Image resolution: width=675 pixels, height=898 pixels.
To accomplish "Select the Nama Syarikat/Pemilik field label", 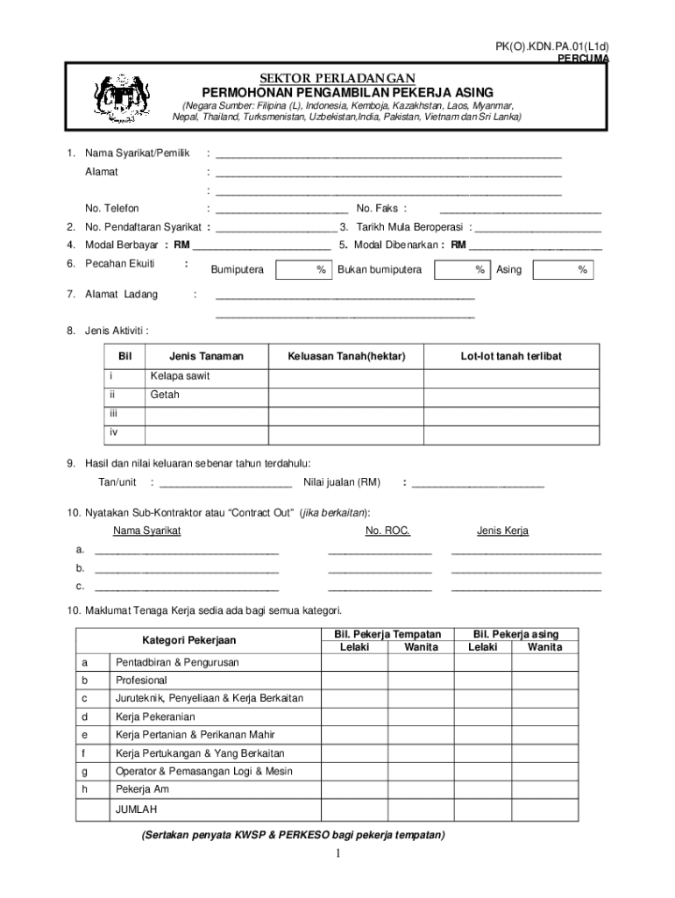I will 137,153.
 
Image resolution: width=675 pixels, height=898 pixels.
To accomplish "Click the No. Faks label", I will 381,209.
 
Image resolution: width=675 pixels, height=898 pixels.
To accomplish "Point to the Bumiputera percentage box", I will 303,270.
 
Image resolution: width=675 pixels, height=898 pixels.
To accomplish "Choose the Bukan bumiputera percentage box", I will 462,270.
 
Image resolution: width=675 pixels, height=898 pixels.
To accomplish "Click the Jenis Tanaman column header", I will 206,356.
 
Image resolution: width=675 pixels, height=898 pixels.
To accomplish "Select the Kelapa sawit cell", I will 180,376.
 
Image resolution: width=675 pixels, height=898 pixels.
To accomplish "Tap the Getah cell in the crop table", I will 165,395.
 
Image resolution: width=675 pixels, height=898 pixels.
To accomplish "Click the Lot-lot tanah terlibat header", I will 512,356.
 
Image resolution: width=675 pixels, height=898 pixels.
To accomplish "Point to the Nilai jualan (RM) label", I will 342,482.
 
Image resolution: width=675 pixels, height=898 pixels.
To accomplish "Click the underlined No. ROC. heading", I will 387,531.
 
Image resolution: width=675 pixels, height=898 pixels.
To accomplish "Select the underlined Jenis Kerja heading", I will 502,531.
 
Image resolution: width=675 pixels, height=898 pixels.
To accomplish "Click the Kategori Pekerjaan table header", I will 189,641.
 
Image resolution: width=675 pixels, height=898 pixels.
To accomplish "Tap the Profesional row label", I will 141,681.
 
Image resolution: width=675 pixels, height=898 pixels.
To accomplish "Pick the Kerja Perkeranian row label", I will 155,717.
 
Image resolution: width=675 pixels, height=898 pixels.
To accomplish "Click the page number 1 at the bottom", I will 337,854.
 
